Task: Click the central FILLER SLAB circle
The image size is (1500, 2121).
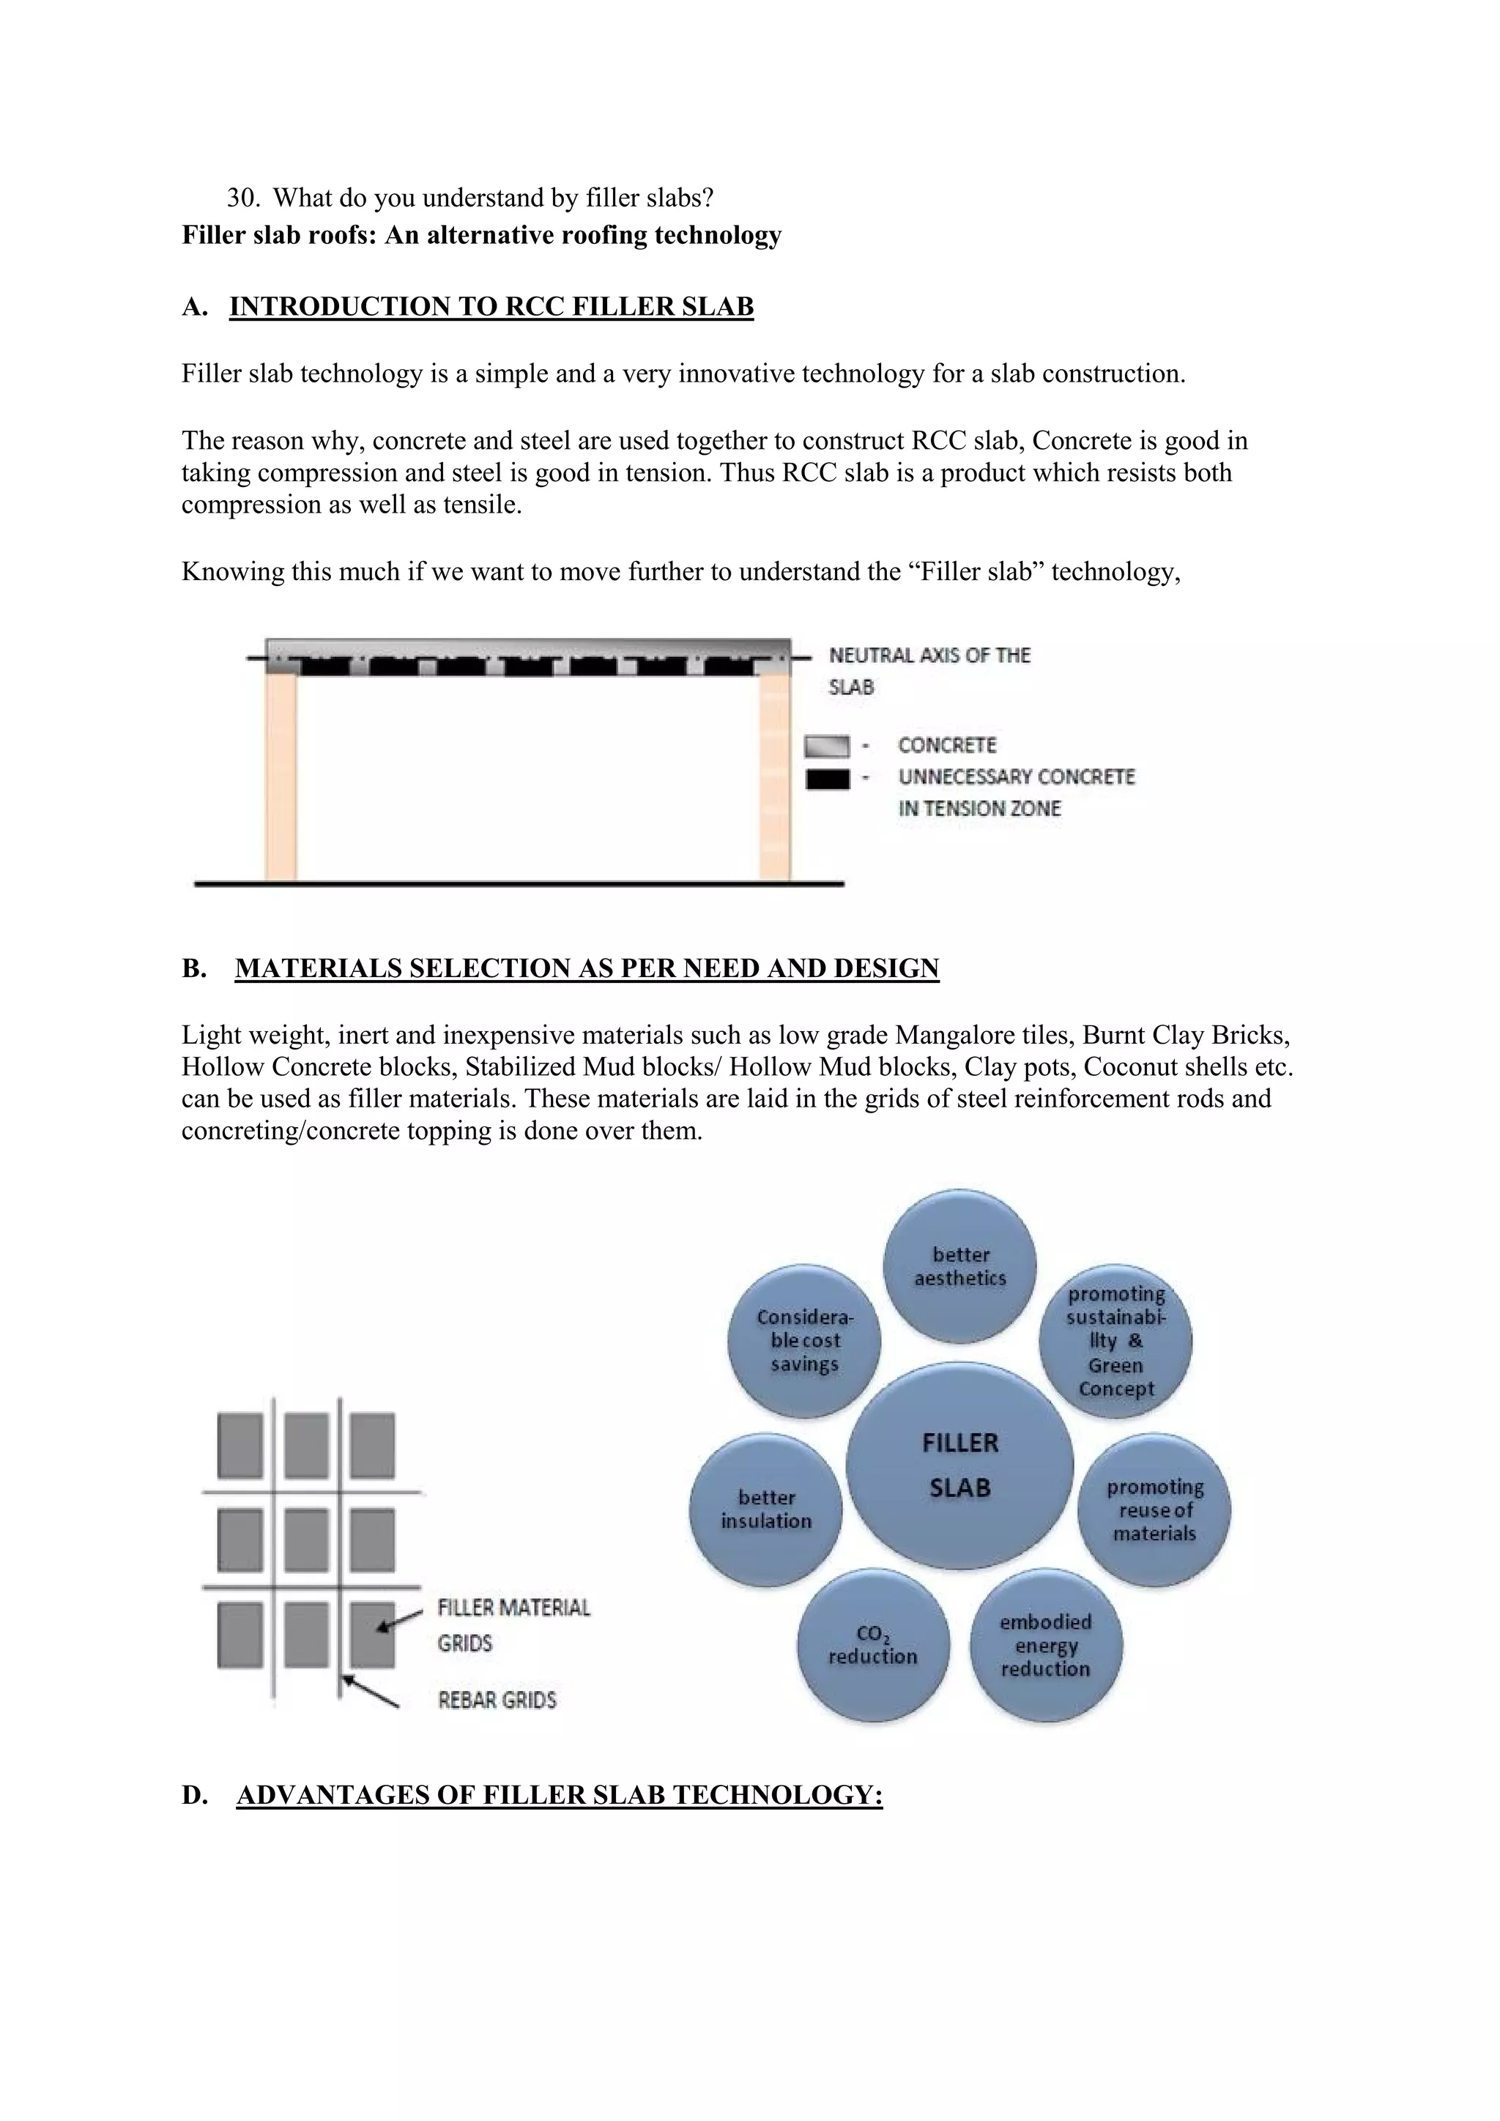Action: (x=959, y=1465)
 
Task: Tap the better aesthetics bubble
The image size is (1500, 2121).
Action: (x=959, y=1266)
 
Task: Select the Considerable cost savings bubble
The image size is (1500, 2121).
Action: (x=804, y=1340)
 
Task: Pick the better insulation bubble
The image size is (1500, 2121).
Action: (x=765, y=1509)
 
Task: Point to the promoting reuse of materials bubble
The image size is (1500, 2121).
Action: (x=1154, y=1509)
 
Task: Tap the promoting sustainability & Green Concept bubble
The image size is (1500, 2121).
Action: (x=1115, y=1340)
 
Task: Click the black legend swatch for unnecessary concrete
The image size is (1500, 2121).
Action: (x=827, y=779)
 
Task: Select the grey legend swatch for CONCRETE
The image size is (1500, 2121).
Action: (x=827, y=746)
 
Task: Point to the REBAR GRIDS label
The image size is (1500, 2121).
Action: (x=497, y=1700)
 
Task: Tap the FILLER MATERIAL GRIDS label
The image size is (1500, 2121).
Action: (x=513, y=1625)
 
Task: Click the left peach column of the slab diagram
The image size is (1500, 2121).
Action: (x=281, y=776)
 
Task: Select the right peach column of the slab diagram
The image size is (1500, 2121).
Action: (x=775, y=776)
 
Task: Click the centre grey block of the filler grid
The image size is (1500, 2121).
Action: (x=305, y=1540)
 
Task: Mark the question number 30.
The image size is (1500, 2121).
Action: (x=242, y=198)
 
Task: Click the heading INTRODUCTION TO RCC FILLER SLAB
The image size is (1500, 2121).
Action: (x=491, y=307)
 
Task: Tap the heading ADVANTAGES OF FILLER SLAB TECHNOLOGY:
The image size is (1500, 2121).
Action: (x=560, y=1795)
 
